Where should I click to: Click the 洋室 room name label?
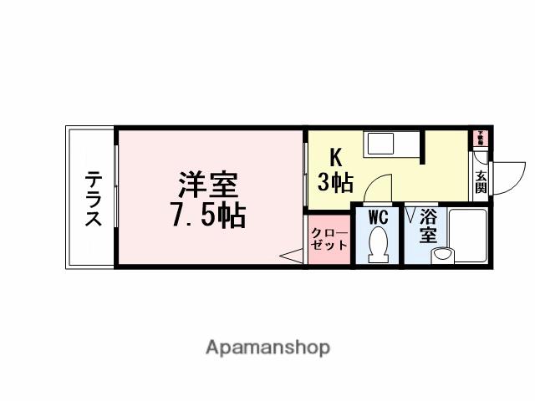tap(208, 184)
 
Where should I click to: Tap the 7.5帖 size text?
tap(208, 216)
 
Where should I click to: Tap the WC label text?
tap(378, 217)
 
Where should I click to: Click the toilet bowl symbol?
tap(378, 246)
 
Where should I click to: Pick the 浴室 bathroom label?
tap(428, 226)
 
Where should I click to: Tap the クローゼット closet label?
tap(329, 239)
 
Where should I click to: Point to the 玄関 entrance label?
tap(481, 181)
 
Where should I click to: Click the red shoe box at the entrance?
tap(481, 135)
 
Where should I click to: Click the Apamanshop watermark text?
tap(267, 347)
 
